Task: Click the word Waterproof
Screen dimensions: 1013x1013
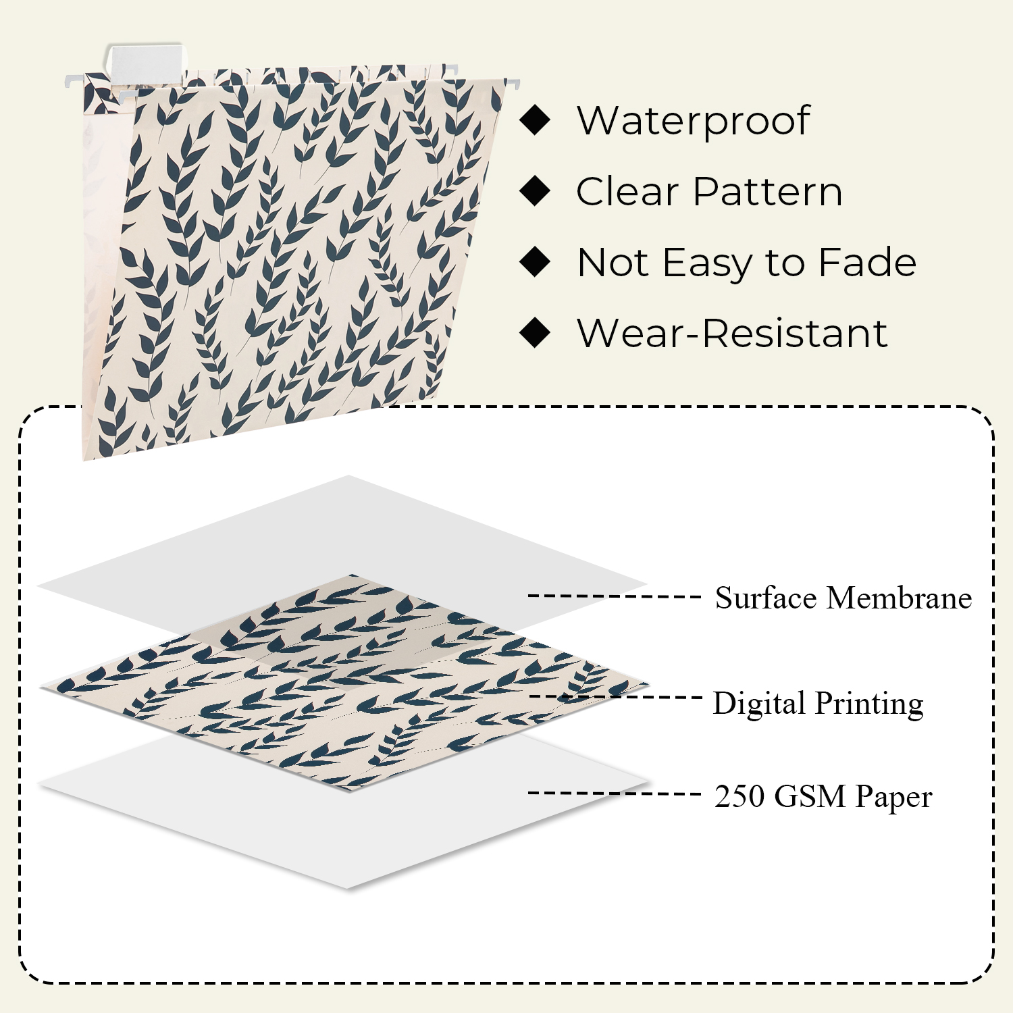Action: (693, 122)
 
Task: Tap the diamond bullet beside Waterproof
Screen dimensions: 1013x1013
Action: (536, 120)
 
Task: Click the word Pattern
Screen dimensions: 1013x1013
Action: (768, 192)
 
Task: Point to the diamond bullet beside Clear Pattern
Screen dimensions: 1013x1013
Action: (536, 191)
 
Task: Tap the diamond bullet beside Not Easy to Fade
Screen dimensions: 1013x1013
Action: (536, 262)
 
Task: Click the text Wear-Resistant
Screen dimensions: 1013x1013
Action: (732, 333)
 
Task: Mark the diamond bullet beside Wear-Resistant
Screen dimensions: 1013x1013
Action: (536, 332)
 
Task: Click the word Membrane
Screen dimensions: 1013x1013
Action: (900, 598)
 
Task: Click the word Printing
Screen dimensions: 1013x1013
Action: (868, 704)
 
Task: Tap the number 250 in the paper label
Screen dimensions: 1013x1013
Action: (739, 796)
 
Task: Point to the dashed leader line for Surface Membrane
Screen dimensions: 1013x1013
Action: (615, 596)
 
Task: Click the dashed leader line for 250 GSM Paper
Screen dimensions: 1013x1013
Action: (615, 793)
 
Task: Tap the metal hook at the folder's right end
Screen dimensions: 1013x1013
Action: (513, 84)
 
